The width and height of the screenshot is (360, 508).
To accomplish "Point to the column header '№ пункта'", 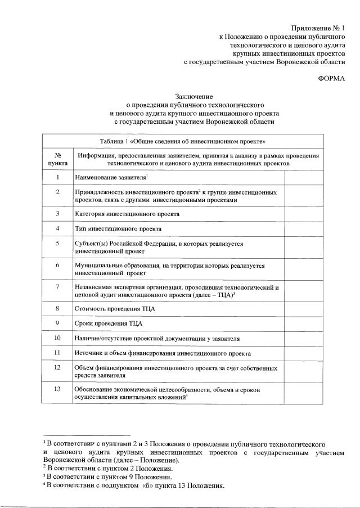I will coord(58,159).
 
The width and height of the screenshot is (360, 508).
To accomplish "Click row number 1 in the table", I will coord(58,178).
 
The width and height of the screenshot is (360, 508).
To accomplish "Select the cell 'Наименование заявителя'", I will coord(111,178).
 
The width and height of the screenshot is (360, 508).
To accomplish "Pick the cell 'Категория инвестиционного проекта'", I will coord(127,214).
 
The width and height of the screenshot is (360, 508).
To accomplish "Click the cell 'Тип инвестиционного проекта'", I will coord(118,229).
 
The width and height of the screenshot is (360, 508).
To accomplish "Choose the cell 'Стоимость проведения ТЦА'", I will coord(115,309).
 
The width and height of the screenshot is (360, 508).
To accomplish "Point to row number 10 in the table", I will coord(58,338).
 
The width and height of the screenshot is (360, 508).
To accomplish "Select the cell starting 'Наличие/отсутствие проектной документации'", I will coord(157,339).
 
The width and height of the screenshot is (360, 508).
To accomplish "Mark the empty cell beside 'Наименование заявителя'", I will coord(304,178).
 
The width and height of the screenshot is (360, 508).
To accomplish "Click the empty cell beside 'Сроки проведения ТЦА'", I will coord(304,323).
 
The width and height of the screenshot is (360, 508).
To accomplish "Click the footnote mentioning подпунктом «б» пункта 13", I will coord(136,485).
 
